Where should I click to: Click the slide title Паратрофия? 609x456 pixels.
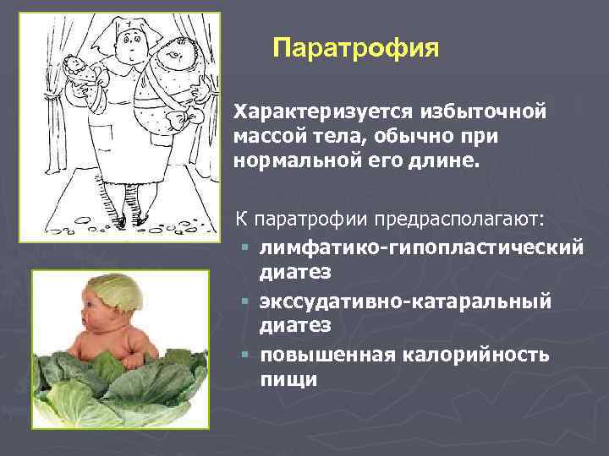pyautogui.click(x=356, y=46)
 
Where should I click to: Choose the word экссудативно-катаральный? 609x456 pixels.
pyautogui.click(x=405, y=301)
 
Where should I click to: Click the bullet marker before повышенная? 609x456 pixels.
pyautogui.click(x=244, y=356)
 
